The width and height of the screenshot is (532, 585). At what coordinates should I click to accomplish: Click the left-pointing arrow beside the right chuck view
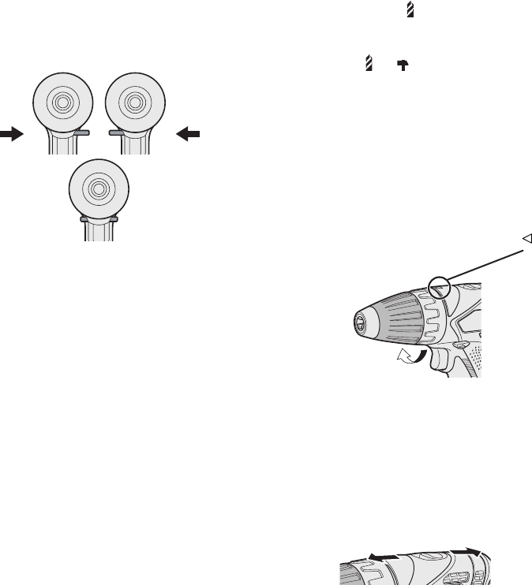pyautogui.click(x=189, y=135)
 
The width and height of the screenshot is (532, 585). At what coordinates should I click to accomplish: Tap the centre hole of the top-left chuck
pyautogui.click(x=61, y=102)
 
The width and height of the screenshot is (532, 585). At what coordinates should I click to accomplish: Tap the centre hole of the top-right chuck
pyautogui.click(x=136, y=102)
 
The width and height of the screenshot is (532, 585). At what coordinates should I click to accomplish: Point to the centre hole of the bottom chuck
pyautogui.click(x=98, y=189)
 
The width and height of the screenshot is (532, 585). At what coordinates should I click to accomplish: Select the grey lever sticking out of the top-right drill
pyautogui.click(x=116, y=135)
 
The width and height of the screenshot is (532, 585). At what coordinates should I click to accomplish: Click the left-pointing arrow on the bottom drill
pyautogui.click(x=382, y=556)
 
